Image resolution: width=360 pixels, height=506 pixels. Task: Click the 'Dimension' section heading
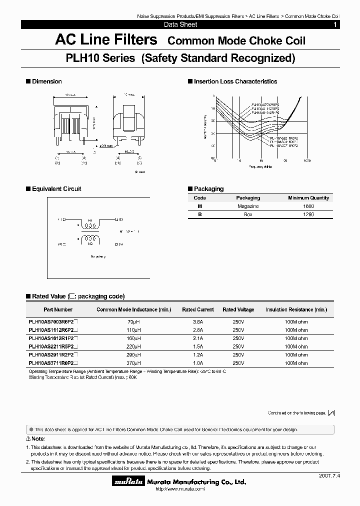[46, 81]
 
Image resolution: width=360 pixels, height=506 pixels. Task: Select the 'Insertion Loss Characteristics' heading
[235, 81]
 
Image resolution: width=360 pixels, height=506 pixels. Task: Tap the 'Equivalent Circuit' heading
[56, 189]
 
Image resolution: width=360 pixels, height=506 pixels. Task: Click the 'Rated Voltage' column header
[238, 310]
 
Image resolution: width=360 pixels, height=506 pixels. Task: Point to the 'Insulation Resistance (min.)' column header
[296, 310]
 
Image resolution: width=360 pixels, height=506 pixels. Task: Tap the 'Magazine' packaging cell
[248, 206]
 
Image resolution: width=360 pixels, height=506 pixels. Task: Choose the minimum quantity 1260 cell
[308, 214]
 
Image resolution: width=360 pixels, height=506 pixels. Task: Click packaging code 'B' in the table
[200, 214]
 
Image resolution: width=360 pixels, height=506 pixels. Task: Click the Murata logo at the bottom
[128, 482]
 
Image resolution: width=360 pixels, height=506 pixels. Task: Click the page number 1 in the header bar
[334, 24]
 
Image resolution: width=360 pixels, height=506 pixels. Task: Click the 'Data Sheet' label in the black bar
[180, 24]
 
